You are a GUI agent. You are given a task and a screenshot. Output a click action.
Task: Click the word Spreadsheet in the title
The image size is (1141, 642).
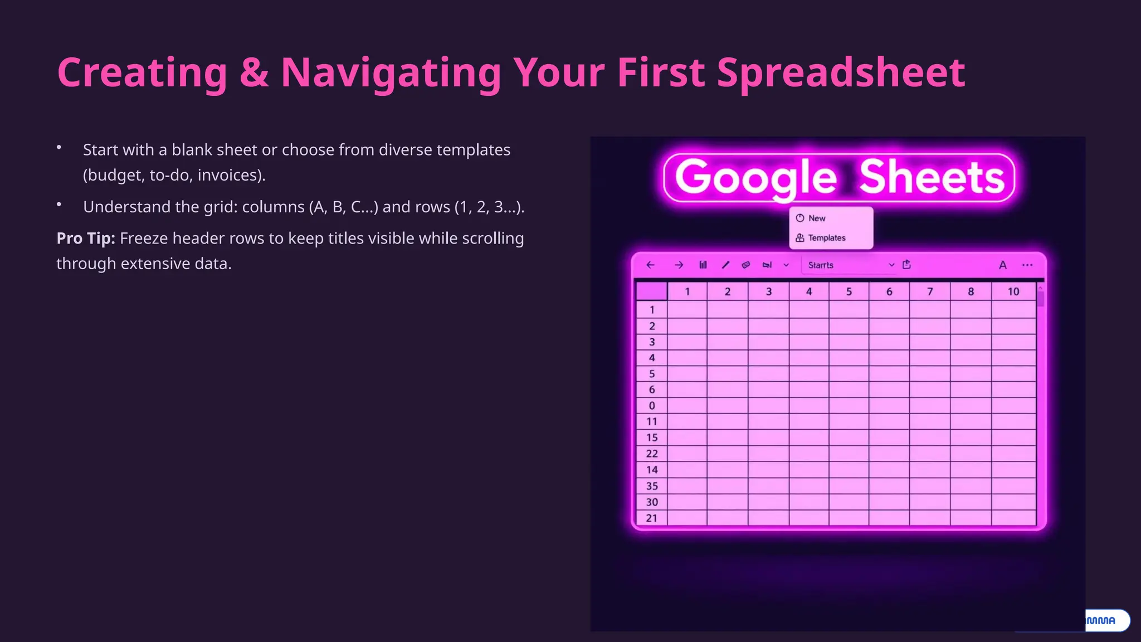pos(841,72)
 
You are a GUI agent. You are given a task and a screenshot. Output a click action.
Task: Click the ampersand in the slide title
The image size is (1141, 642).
pos(254,72)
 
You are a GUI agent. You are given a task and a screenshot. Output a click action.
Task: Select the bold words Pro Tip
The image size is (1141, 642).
pos(86,239)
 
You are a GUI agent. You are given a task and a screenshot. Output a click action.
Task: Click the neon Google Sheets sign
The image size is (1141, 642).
pos(839,177)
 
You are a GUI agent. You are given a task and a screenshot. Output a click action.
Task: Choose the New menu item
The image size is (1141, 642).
pos(817,218)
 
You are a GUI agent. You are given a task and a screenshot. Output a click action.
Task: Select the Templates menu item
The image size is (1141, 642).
pos(827,238)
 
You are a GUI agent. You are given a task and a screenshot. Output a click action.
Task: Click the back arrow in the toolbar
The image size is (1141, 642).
pos(650,265)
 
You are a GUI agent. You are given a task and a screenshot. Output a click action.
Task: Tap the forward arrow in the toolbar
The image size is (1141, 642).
pos(679,265)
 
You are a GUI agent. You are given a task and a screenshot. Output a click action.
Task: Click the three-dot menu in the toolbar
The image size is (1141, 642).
pos(1027,265)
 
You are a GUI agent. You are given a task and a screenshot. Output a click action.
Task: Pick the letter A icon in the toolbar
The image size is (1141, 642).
pos(1003,265)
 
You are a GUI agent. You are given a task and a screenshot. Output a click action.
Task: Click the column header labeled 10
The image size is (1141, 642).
pos(1013,291)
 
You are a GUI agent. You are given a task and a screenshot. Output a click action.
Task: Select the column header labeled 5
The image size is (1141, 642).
pos(849,291)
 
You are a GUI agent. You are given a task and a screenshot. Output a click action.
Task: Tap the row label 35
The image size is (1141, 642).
pos(652,486)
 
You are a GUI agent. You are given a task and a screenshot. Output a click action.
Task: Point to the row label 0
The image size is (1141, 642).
pos(652,406)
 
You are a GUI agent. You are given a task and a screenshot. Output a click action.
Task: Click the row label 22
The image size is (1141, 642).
pos(652,454)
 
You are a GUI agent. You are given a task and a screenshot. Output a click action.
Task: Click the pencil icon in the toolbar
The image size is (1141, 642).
pos(725,265)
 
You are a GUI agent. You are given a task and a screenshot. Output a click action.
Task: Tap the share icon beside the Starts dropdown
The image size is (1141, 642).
pos(907,265)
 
